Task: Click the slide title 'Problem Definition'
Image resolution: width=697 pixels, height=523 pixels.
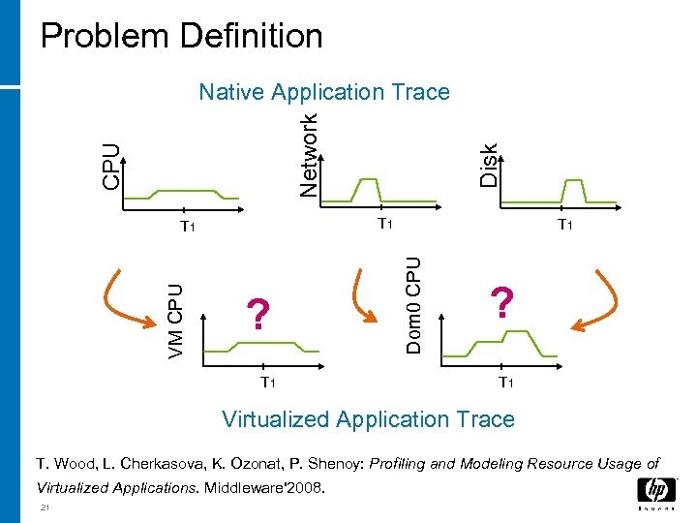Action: point(181,36)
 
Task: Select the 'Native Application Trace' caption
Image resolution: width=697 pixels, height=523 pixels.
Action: point(323,92)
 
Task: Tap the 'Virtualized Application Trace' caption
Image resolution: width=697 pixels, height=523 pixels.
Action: point(368,419)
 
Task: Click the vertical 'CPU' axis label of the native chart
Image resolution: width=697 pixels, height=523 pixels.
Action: point(112,167)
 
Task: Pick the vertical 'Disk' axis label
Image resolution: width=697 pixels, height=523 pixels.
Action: point(490,164)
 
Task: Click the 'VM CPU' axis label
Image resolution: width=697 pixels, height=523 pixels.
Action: point(175,321)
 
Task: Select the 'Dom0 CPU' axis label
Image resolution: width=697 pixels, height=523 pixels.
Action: point(413,303)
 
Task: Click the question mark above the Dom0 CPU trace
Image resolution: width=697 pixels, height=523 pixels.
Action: point(500,303)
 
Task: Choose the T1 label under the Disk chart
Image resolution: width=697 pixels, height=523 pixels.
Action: point(564,226)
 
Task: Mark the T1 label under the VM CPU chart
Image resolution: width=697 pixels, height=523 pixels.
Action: point(268,383)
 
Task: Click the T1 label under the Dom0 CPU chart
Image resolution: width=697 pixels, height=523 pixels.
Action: point(506,383)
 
